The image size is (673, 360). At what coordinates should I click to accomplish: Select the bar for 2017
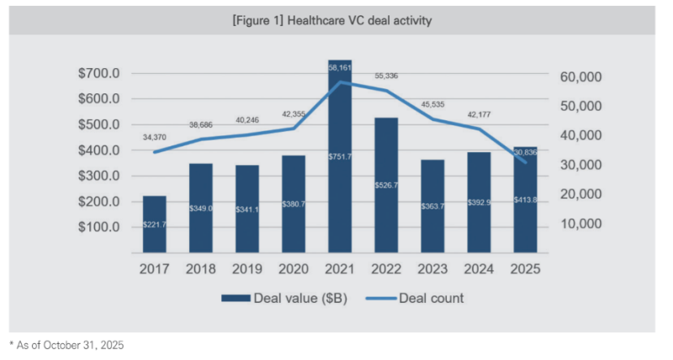coord(155,224)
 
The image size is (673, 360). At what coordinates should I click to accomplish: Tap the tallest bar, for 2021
coord(340,156)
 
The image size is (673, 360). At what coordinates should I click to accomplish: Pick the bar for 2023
coord(433,206)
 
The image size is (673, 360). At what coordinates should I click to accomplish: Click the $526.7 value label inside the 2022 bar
coord(386,184)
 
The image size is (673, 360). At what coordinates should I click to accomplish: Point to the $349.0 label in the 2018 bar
coord(201,207)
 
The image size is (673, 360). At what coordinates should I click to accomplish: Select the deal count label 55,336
coord(387,76)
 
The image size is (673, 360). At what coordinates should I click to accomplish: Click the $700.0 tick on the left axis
coord(100,74)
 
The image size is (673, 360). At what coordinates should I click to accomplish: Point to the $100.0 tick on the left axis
coord(100,227)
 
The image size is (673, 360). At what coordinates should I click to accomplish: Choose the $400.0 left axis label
coord(100,151)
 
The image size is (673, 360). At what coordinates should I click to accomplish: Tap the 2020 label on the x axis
coord(294,269)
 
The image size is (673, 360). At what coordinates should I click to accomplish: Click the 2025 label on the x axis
coord(525,269)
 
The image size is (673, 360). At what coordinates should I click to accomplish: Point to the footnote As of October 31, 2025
coord(66,345)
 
